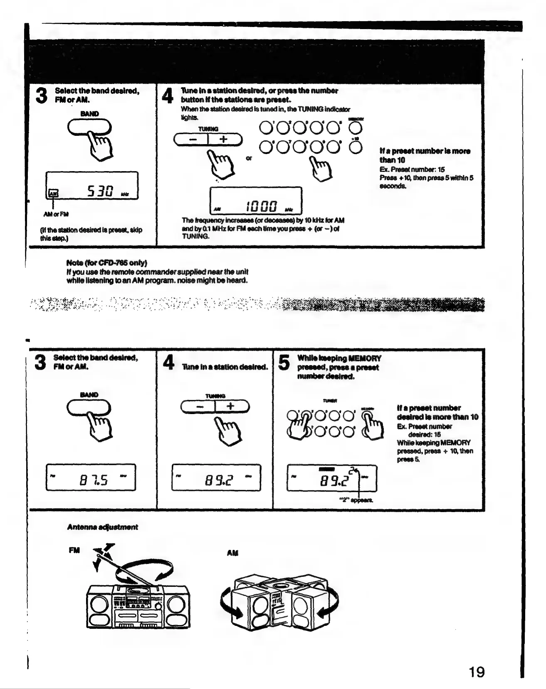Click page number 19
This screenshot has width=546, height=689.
477,672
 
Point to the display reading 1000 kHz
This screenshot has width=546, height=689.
255,200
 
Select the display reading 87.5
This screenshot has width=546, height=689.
91,477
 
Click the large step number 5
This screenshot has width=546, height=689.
284,363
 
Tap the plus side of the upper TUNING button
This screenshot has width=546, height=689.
224,140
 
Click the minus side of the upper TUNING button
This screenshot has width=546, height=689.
192,140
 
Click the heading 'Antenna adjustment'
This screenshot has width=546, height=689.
102,527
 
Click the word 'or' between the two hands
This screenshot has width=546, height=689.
249,158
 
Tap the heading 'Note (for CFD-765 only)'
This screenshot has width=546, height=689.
106,263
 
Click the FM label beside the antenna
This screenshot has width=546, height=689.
74,550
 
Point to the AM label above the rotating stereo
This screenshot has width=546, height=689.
232,553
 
